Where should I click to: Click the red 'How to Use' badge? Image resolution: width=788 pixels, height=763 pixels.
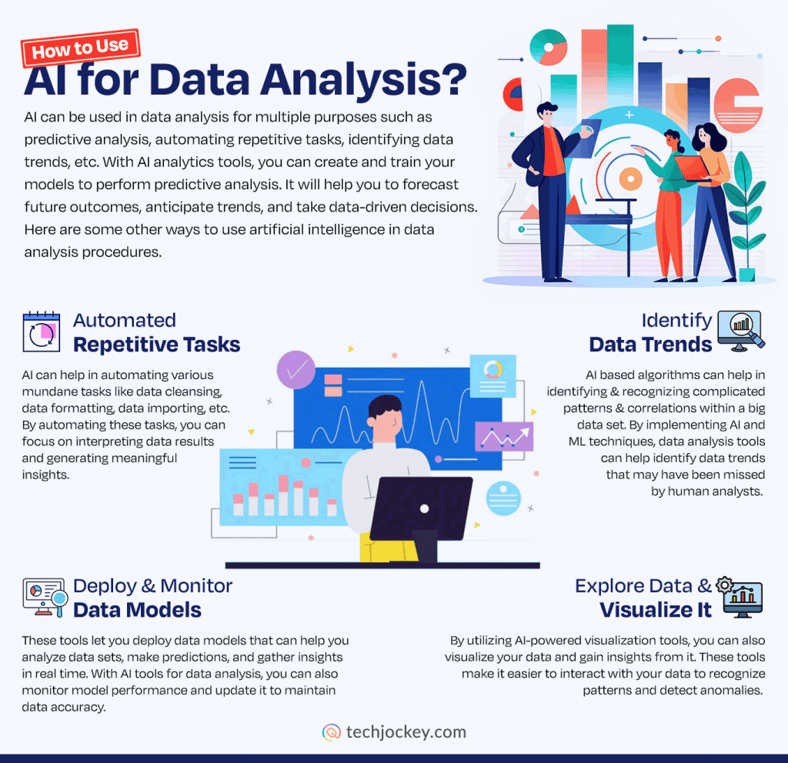(82, 48)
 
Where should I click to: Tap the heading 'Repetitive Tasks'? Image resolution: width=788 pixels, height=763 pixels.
(156, 345)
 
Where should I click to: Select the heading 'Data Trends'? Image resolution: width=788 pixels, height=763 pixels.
(650, 345)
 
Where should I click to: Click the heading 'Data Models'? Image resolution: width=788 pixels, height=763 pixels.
(137, 610)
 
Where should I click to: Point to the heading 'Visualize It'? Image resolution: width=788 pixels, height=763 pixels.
(656, 610)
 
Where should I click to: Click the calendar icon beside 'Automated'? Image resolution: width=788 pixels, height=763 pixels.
(42, 332)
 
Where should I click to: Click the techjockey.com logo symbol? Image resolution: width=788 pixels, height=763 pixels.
(332, 731)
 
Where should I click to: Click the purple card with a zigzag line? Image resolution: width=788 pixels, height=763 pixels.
(504, 436)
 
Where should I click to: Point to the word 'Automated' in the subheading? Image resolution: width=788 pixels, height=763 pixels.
(125, 320)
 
